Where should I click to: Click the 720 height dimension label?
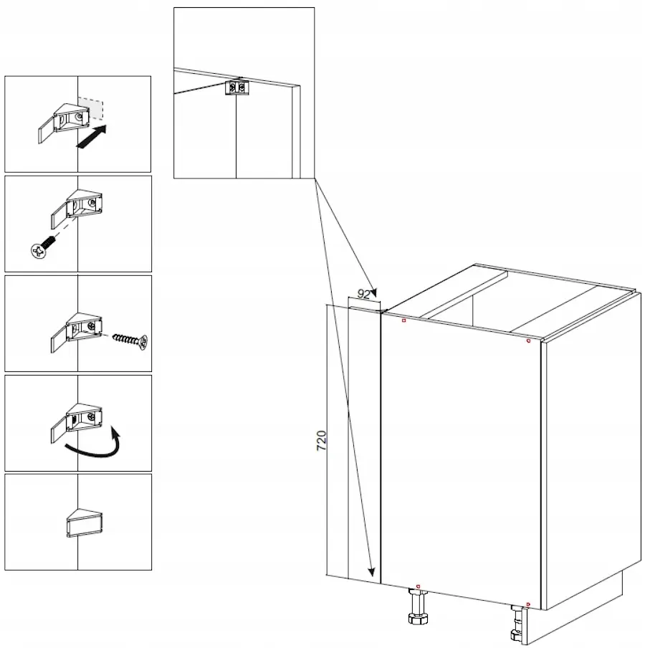(321, 440)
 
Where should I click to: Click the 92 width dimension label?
(363, 294)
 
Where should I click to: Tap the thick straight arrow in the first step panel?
(92, 136)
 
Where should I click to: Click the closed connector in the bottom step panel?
(85, 523)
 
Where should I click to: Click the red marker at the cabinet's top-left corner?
(404, 320)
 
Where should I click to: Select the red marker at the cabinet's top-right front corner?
(528, 340)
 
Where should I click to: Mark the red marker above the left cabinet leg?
(418, 586)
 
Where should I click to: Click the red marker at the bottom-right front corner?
(528, 604)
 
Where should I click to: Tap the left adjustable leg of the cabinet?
(417, 606)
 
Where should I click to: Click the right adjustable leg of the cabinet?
(517, 624)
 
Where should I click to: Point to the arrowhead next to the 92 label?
(373, 292)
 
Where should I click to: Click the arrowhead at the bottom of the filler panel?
(371, 571)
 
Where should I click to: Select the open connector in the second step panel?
(77, 209)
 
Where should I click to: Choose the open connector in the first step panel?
(64, 123)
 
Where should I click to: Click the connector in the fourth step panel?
(77, 423)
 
